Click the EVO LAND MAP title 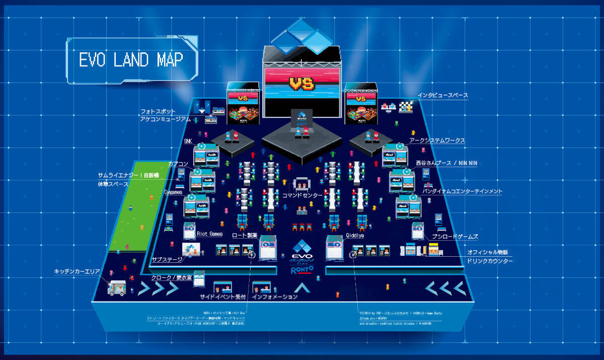pyautogui.click(x=131, y=60)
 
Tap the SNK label pyautogui.click(x=188, y=141)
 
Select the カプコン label pyautogui.click(x=178, y=164)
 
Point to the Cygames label pyautogui.click(x=173, y=192)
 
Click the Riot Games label pyautogui.click(x=210, y=234)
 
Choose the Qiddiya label pyautogui.click(x=354, y=235)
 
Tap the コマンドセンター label pyautogui.click(x=301, y=195)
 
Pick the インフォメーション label pyautogui.click(x=274, y=297)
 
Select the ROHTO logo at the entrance pyautogui.click(x=302, y=270)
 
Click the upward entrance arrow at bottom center pyautogui.click(x=302, y=288)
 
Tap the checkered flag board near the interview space pyautogui.click(x=406, y=106)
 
